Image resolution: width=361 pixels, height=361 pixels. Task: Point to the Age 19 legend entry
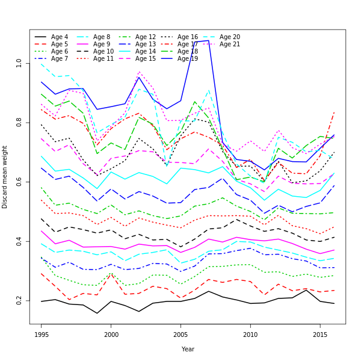(x=187, y=59)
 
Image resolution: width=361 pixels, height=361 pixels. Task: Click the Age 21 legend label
(x=229, y=45)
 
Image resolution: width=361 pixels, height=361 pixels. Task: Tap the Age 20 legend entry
(x=229, y=37)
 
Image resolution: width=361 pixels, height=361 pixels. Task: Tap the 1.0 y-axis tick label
(x=19, y=63)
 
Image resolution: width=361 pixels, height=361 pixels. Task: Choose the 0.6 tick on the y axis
(x=19, y=182)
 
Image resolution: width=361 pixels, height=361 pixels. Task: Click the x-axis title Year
(x=188, y=349)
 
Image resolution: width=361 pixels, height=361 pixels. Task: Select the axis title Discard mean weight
(x=5, y=177)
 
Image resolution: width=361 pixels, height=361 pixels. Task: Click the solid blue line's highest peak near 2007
(x=208, y=40)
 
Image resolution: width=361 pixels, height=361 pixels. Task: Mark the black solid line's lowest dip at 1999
(x=97, y=313)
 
